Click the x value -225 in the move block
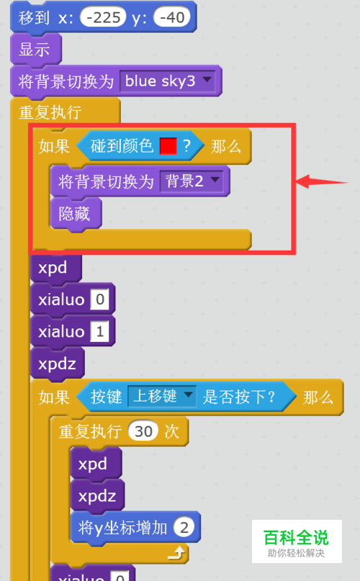click(103, 17)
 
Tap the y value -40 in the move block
click(172, 17)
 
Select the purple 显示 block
click(35, 50)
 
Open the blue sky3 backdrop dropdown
click(168, 81)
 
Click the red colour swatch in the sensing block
click(168, 146)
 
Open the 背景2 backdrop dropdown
click(192, 181)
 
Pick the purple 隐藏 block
click(76, 214)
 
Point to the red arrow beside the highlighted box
click(322, 181)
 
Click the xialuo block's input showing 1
click(100, 331)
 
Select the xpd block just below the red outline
click(55, 268)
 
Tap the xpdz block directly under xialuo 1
click(58, 364)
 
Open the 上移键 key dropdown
click(161, 397)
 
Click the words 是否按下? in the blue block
click(239, 397)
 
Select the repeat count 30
click(143, 431)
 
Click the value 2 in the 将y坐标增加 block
click(184, 528)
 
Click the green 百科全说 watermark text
click(296, 538)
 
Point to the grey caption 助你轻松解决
click(296, 553)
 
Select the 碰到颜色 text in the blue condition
click(122, 146)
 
